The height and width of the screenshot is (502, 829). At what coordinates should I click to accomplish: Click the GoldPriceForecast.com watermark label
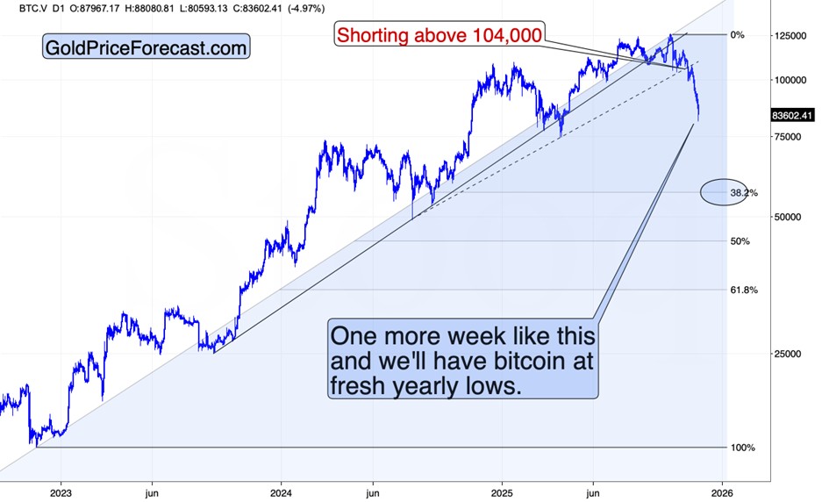point(147,47)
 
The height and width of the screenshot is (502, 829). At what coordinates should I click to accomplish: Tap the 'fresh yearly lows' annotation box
point(463,361)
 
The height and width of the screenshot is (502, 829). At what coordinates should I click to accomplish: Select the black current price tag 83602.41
point(793,115)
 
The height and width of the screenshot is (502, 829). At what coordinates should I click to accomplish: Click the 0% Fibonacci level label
point(737,35)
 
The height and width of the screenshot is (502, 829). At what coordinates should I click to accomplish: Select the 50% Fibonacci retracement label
point(739,240)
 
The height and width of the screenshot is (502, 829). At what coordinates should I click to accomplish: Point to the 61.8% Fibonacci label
point(743,290)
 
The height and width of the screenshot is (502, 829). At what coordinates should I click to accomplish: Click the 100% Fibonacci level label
point(742,448)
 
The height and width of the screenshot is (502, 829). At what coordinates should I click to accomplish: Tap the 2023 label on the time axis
point(61,492)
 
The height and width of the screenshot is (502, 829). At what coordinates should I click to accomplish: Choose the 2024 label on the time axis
point(282,492)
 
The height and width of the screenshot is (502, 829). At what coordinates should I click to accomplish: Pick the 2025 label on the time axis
point(502,492)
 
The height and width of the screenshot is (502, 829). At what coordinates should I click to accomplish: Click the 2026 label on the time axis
point(722,492)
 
